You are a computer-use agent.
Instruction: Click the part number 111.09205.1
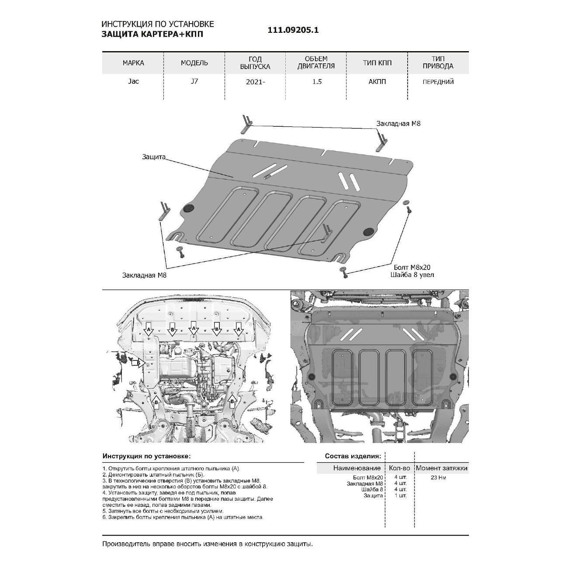293,30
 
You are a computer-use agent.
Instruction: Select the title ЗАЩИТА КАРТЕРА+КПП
152,35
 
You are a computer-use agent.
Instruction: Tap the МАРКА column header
133,63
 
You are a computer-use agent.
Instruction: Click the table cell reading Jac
133,81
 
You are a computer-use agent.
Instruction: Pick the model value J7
194,81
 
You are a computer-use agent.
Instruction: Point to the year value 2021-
255,82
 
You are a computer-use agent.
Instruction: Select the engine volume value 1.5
317,82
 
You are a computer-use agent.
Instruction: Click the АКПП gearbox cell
377,82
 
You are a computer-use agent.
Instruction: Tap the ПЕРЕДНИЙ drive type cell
438,82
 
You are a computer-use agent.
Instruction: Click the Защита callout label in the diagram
153,157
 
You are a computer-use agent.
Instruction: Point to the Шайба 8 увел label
412,275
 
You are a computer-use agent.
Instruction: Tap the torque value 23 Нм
438,478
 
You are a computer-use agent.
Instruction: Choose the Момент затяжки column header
441,468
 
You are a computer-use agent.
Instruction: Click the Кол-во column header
399,468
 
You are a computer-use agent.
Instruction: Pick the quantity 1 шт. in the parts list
400,495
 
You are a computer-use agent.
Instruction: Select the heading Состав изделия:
353,456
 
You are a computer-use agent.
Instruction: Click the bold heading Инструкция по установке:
146,456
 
